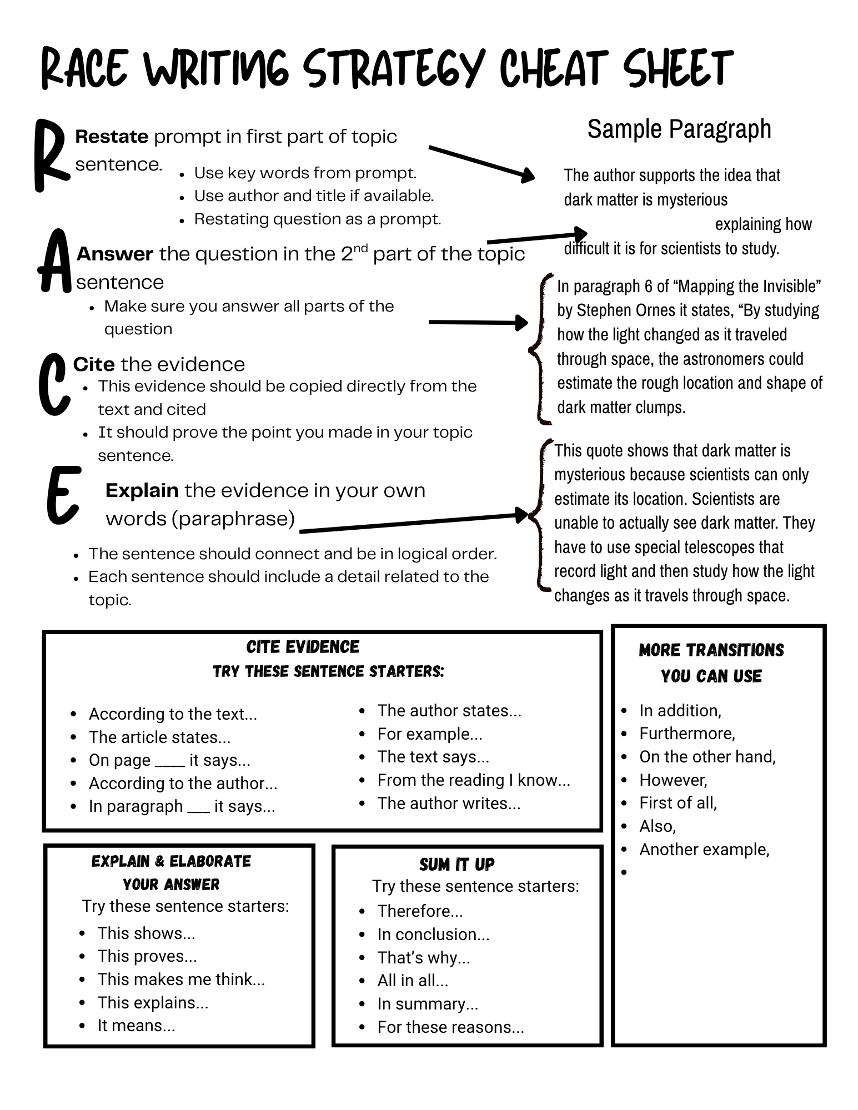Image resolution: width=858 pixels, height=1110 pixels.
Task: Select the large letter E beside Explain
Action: tap(63, 495)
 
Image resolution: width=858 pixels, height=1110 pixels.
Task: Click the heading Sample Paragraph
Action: tap(679, 129)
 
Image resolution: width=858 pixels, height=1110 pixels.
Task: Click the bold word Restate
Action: tap(112, 137)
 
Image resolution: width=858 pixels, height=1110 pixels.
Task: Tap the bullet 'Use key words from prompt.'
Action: tap(305, 173)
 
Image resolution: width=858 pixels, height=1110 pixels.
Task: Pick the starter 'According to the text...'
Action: tap(173, 714)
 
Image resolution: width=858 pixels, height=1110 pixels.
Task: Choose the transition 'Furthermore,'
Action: tap(687, 734)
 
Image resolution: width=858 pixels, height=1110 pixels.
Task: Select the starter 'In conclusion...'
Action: tap(433, 935)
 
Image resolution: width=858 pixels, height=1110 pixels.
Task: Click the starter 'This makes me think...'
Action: tap(181, 979)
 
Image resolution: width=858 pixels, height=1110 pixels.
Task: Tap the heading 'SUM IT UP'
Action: tap(456, 865)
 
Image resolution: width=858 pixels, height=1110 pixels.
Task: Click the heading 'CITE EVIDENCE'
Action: tap(303, 647)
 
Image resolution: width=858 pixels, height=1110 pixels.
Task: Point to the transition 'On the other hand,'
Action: tap(707, 757)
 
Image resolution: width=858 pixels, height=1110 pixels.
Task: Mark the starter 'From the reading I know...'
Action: tap(474, 780)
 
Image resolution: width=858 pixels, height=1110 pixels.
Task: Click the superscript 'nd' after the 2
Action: tap(360, 248)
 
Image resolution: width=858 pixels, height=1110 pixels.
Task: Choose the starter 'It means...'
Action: tap(136, 1026)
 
